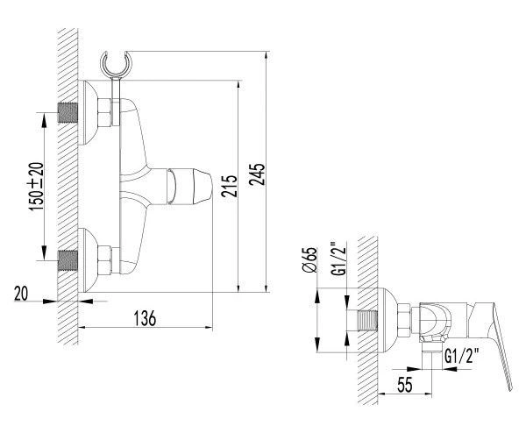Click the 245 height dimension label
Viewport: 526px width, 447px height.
(257, 174)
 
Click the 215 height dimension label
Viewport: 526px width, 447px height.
(230, 186)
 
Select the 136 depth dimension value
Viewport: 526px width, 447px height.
(146, 318)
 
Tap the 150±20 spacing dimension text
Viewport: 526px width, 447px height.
(36, 187)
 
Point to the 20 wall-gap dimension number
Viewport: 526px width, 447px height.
(21, 294)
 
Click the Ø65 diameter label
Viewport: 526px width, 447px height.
(309, 260)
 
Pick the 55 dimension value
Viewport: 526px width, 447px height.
(404, 384)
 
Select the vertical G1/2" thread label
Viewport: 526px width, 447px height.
(340, 259)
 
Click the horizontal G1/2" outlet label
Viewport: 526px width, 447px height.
(462, 356)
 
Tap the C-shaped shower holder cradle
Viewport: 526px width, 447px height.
(116, 64)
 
